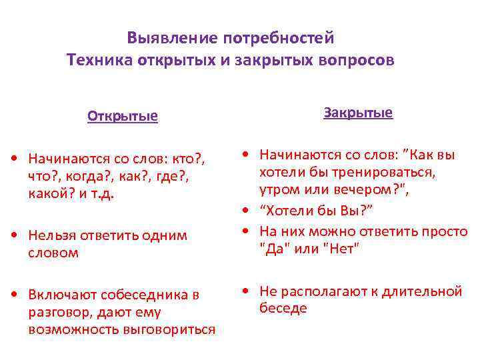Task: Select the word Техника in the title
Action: [99, 61]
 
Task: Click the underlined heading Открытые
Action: [123, 117]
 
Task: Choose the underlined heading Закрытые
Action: [358, 113]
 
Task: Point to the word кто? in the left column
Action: [189, 158]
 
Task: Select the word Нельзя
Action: [53, 236]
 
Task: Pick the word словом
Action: [53, 252]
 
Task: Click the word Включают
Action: [61, 295]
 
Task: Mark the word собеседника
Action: [144, 295]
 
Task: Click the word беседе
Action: [283, 308]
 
